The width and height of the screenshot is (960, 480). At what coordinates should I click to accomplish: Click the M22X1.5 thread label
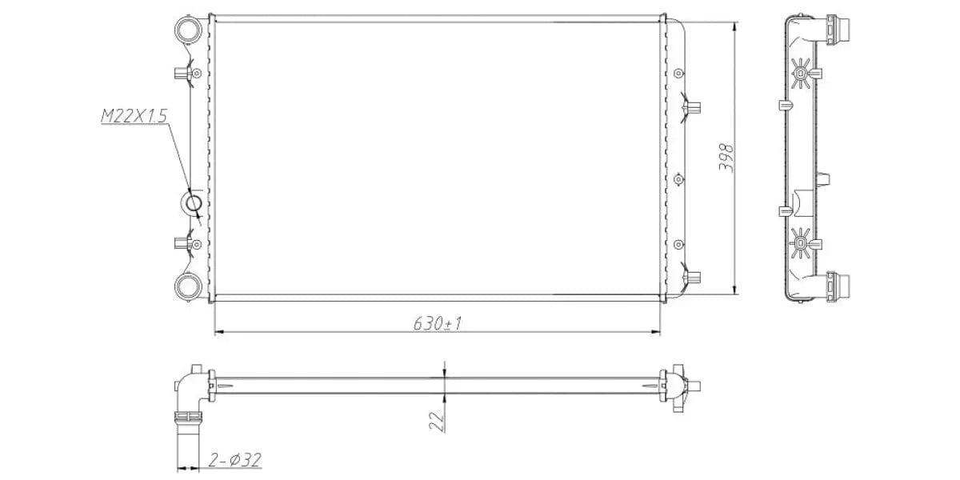point(133,117)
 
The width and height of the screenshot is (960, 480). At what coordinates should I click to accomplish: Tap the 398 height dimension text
point(726,158)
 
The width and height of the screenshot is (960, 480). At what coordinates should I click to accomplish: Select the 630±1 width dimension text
point(438,323)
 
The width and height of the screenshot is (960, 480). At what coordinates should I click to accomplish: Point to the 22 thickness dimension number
point(436,421)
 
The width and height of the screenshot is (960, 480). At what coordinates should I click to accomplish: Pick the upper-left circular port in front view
point(190,32)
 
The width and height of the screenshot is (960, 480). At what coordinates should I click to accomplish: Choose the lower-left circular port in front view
point(190,285)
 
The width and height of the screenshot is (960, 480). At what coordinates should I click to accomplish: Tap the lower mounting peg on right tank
point(693,277)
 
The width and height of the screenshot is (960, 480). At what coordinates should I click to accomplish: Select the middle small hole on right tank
point(679,179)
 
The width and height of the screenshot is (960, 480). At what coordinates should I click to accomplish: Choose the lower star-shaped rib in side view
point(800,242)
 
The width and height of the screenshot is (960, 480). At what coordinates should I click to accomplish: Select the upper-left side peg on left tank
point(179,74)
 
